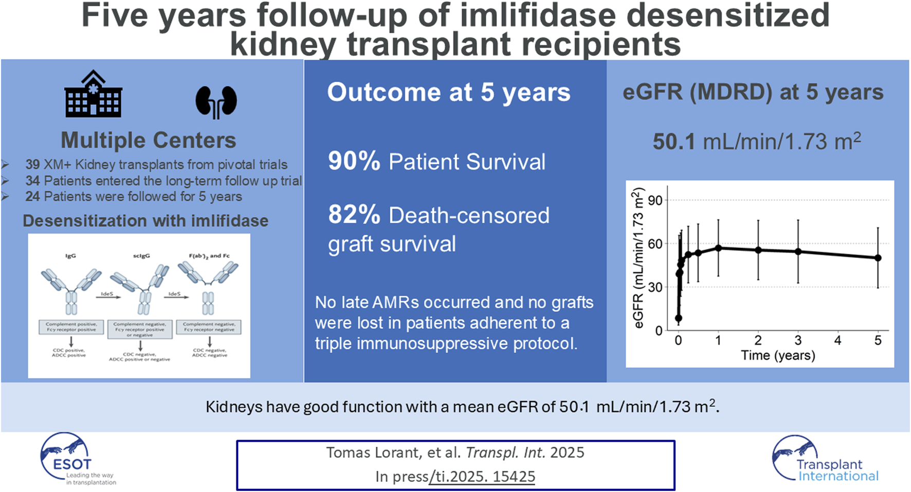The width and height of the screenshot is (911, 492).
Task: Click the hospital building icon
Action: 93,94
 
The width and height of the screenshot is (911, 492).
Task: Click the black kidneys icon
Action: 216,102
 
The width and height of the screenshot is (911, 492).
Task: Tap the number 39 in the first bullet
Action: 32,165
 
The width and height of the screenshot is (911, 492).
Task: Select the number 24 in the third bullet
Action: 32,197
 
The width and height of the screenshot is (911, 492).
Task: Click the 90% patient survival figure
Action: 354,161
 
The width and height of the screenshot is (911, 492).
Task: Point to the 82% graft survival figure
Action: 354,215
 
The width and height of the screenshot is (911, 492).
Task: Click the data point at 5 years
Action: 878,258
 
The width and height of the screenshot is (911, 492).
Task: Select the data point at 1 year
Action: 718,248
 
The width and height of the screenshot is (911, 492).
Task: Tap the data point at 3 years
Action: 798,252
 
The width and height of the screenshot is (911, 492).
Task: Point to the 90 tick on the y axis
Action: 655,200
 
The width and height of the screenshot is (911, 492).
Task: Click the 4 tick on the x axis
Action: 837,340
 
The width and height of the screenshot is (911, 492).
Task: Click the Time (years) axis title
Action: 777,355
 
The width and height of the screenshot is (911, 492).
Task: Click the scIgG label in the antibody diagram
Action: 141,255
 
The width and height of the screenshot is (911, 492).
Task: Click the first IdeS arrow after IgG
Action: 107,296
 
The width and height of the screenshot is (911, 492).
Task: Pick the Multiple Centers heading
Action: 148,140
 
